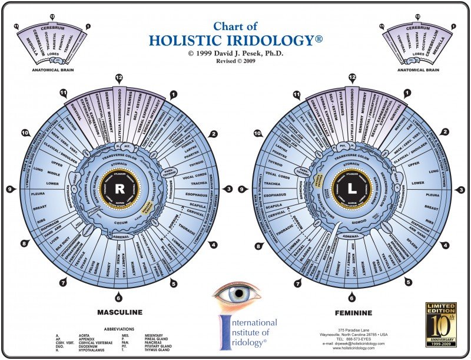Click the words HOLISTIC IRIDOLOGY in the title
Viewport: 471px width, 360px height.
tap(235, 40)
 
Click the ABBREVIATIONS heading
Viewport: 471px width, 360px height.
tap(118, 329)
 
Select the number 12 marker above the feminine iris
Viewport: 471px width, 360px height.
tap(352, 77)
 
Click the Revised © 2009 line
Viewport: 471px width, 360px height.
tap(235, 60)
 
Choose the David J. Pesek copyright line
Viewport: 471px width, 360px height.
tap(235, 52)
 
